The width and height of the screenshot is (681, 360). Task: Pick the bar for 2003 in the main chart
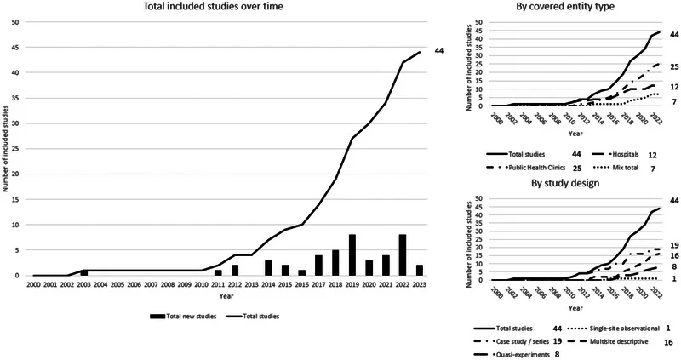(83, 272)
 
